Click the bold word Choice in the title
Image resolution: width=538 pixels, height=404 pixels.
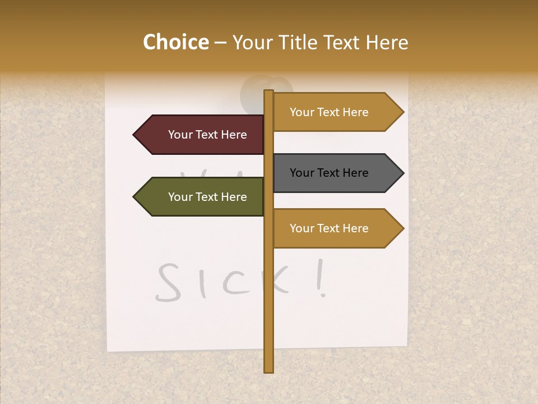pyautogui.click(x=175, y=43)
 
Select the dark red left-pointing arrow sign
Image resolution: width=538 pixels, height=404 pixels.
pyautogui.click(x=199, y=135)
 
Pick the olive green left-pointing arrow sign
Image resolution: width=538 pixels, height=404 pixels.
pyautogui.click(x=199, y=197)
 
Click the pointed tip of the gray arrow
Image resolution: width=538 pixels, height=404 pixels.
pyautogui.click(x=402, y=173)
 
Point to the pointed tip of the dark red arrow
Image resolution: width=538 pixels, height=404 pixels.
pyautogui.click(x=134, y=135)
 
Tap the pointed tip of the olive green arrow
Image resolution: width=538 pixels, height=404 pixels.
pyautogui.click(x=134, y=197)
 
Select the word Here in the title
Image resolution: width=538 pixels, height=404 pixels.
pyautogui.click(x=386, y=43)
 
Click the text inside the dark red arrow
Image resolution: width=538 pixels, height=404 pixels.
pyautogui.click(x=207, y=135)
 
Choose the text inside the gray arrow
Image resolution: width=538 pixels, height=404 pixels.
pyautogui.click(x=329, y=173)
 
